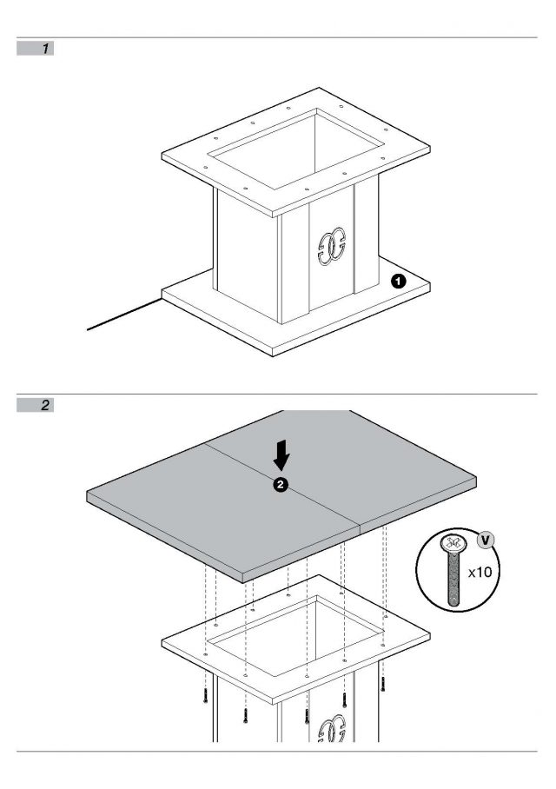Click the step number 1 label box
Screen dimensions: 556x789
36,49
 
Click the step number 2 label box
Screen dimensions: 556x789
36,405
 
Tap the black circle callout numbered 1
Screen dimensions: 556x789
399,281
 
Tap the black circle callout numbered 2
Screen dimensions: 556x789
281,485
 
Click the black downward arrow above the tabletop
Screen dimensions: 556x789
281,454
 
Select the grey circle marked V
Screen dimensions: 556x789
485,540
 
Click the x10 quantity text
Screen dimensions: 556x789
480,572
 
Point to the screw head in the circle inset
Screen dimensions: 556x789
451,543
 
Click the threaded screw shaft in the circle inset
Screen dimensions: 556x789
453,579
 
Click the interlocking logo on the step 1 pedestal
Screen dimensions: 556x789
332,247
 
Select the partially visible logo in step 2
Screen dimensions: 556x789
332,730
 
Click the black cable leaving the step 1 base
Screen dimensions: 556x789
125,315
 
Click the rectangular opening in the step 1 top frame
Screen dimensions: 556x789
297,149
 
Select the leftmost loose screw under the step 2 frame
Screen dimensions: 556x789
205,695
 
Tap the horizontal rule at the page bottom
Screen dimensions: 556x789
277,752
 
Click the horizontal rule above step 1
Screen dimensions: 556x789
277,37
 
